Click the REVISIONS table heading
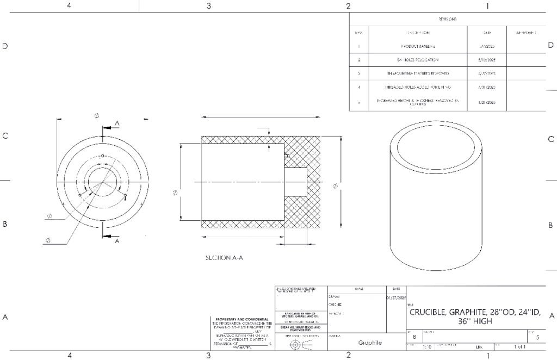click(447, 19)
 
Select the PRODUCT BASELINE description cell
click(418, 47)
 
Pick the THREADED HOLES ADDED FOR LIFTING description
click(418, 86)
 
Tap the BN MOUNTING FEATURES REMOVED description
click(418, 73)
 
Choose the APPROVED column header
click(526, 33)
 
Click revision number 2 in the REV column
click(359, 59)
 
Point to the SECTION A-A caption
click(224, 258)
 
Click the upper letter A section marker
click(117, 124)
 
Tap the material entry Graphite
click(370, 343)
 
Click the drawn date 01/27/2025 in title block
click(395, 297)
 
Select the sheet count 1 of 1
click(519, 346)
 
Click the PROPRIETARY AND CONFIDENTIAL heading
click(242, 319)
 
